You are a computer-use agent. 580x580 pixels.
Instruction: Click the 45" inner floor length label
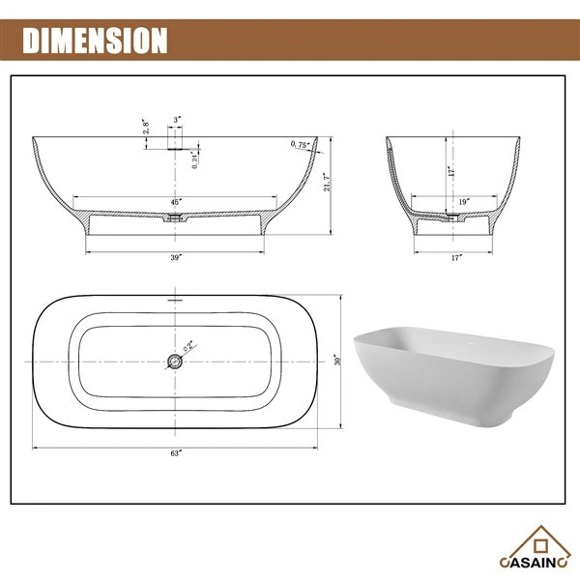[176, 201]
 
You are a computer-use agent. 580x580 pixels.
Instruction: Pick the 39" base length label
[176, 258]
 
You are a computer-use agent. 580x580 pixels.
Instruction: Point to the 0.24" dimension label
[195, 160]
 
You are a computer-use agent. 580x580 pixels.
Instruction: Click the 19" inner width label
[464, 201]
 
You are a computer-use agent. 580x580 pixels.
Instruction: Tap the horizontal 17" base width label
[455, 258]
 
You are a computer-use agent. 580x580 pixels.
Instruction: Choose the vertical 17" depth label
[450, 172]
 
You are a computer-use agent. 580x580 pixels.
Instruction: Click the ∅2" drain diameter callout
[189, 345]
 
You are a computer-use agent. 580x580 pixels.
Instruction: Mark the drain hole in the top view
[175, 362]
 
